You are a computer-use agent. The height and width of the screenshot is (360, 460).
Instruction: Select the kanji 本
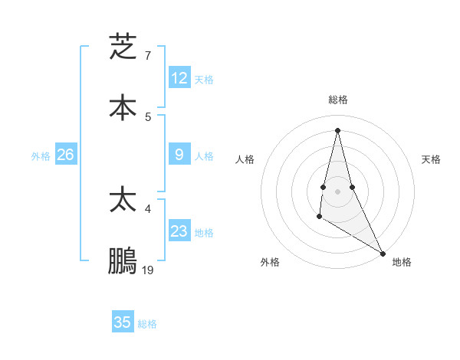(x=123, y=107)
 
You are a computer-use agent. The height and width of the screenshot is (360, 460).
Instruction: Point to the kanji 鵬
(x=123, y=260)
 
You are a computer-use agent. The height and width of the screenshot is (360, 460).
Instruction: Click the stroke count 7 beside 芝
(x=148, y=55)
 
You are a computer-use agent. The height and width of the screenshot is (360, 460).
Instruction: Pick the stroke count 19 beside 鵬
(x=148, y=270)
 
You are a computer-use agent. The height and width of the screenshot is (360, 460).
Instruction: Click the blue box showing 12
(x=179, y=78)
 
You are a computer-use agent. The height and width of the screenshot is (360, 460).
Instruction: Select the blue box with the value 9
(x=179, y=155)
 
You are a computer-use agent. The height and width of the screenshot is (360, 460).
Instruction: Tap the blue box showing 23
(x=179, y=231)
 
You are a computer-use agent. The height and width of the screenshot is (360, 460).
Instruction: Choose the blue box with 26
(x=65, y=155)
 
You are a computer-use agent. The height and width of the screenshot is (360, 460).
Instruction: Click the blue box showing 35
(x=123, y=322)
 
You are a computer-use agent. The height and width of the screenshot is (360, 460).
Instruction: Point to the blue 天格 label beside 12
(x=204, y=80)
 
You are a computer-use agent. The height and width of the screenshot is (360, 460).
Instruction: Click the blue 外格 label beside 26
(x=41, y=156)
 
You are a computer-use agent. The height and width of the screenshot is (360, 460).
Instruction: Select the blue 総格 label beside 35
(x=147, y=324)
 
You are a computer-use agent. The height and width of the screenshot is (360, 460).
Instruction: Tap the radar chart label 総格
(x=338, y=100)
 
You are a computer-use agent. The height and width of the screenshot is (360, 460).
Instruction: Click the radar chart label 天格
(x=431, y=159)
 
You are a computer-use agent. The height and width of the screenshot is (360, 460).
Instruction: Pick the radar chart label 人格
(x=245, y=159)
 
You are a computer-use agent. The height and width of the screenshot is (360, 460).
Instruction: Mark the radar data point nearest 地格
(x=384, y=254)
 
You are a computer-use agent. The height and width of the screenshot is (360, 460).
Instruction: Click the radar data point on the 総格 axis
(x=337, y=129)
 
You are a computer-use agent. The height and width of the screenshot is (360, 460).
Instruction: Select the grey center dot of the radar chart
(x=337, y=191)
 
